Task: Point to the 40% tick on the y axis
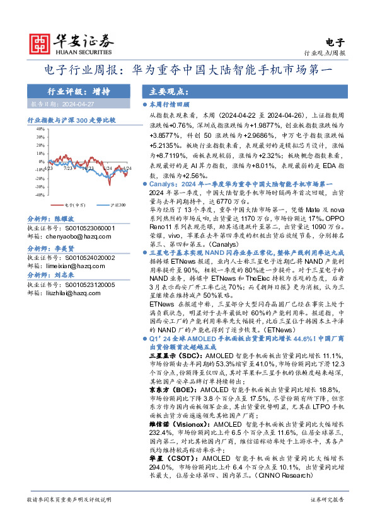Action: pos(40,128)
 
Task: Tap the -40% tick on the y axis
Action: pos(40,195)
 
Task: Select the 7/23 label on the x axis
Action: pos(67,168)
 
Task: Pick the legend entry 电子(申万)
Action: pos(74,205)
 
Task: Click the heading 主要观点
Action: pos(162,91)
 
